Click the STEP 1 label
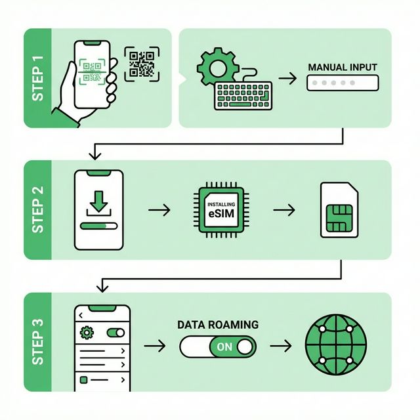(x=37, y=78)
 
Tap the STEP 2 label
(x=37, y=209)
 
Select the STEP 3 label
(x=37, y=342)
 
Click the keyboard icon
(x=242, y=95)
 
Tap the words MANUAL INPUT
(x=343, y=67)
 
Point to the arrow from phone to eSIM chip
(x=159, y=210)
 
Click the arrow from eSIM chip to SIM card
(x=283, y=210)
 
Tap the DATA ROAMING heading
(x=218, y=325)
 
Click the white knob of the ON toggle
(x=246, y=346)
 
